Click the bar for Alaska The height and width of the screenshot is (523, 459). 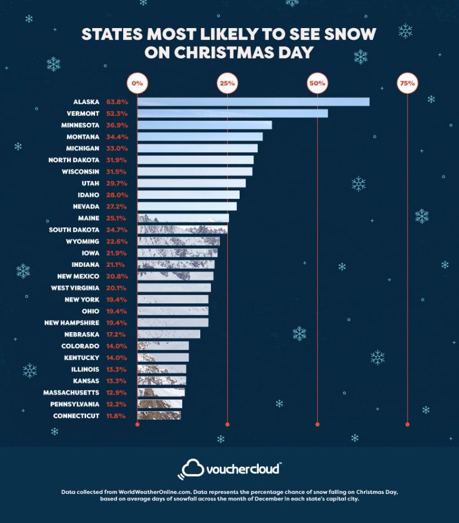[253, 101]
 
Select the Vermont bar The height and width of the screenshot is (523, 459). [232, 113]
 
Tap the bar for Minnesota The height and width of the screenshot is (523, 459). [204, 125]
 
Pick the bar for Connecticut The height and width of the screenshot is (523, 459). [159, 416]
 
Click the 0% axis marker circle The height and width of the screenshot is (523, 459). [137, 84]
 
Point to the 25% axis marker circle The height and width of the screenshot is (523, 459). [227, 84]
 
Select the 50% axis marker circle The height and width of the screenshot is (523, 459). [317, 84]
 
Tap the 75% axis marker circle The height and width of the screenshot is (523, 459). [407, 84]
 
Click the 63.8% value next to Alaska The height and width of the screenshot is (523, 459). [117, 101]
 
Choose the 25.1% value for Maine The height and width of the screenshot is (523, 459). [117, 218]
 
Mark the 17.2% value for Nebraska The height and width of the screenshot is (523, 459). [117, 334]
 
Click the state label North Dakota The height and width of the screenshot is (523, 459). [74, 160]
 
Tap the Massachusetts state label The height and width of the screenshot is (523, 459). [71, 392]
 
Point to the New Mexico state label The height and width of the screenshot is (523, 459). [78, 276]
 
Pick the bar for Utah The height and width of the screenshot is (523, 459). [191, 183]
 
